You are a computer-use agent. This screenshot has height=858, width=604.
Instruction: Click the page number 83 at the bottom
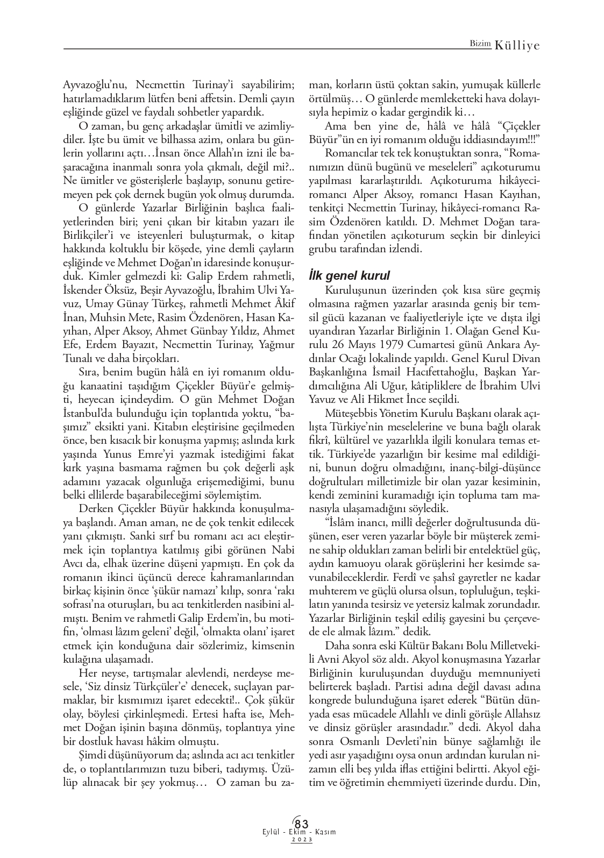(x=302, y=824)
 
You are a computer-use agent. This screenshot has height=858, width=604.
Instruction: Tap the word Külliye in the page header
(x=517, y=46)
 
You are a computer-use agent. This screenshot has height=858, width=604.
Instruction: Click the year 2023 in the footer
(x=302, y=840)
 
